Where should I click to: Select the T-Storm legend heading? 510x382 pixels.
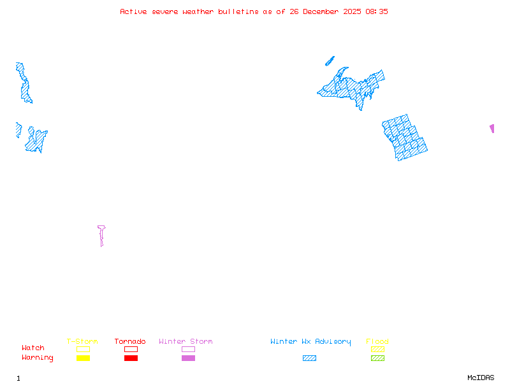pyautogui.click(x=82, y=342)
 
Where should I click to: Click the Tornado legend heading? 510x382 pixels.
pyautogui.click(x=130, y=342)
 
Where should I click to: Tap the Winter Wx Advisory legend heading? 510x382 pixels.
pyautogui.click(x=310, y=342)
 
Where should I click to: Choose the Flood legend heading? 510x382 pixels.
pyautogui.click(x=377, y=342)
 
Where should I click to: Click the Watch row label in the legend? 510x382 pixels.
pyautogui.click(x=33, y=348)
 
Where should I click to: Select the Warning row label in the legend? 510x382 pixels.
pyautogui.click(x=38, y=358)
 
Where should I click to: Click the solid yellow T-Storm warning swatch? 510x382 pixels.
pyautogui.click(x=83, y=358)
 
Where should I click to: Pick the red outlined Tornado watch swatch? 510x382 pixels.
pyautogui.click(x=131, y=349)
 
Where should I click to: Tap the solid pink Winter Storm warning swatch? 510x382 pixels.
pyautogui.click(x=188, y=358)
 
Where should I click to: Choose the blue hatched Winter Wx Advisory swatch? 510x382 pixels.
pyautogui.click(x=309, y=358)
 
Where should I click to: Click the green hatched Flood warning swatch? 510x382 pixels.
pyautogui.click(x=377, y=358)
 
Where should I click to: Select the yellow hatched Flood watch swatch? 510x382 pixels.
pyautogui.click(x=377, y=349)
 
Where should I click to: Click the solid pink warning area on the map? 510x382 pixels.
pyautogui.click(x=492, y=128)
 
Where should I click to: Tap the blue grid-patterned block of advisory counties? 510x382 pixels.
pyautogui.click(x=404, y=137)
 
